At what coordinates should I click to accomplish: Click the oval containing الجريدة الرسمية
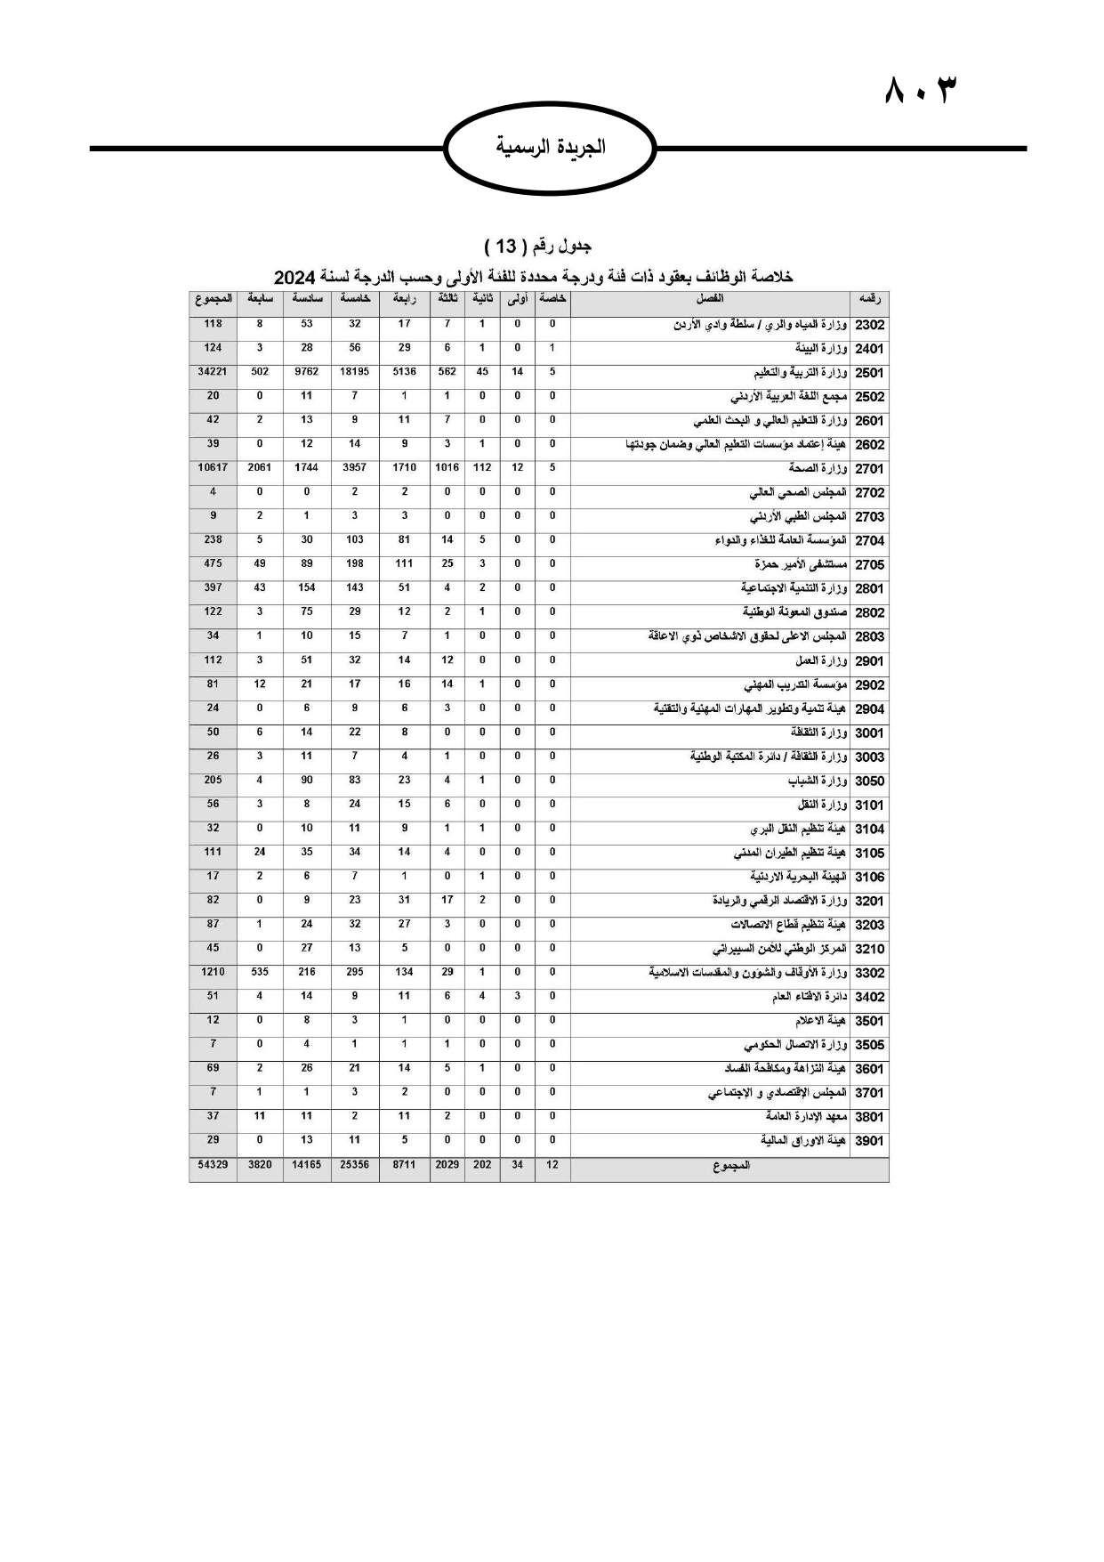pyautogui.click(x=550, y=147)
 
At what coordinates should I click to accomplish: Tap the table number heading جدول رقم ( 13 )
pyautogui.click(x=539, y=245)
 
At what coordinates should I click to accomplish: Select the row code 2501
pyautogui.click(x=869, y=374)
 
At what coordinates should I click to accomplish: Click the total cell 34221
pyautogui.click(x=213, y=372)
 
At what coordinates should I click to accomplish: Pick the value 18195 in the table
pyautogui.click(x=354, y=372)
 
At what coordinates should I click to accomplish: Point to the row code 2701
pyautogui.click(x=869, y=469)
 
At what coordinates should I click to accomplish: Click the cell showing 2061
pyautogui.click(x=259, y=467)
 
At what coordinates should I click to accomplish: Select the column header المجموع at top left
pyautogui.click(x=214, y=299)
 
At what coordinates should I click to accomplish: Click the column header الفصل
pyautogui.click(x=709, y=299)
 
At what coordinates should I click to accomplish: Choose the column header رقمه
pyautogui.click(x=869, y=300)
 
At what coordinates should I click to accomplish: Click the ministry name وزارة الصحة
pyautogui.click(x=818, y=469)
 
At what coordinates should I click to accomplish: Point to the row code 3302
pyautogui.click(x=869, y=974)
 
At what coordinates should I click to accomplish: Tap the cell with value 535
pyautogui.click(x=259, y=972)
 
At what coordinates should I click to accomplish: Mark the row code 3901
pyautogui.click(x=869, y=1142)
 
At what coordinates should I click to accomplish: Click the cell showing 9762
pyautogui.click(x=306, y=372)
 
